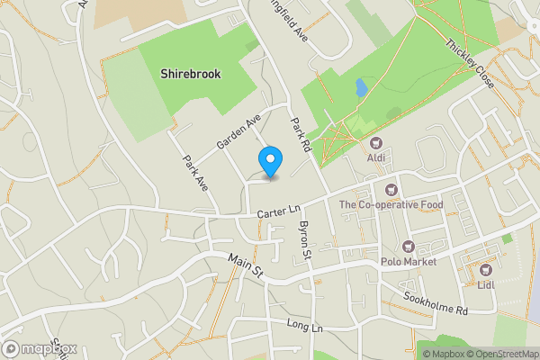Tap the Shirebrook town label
pos(190,73)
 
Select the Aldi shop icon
pos(376,143)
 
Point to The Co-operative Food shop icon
pos(391,190)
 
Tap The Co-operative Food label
pos(391,205)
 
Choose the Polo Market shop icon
pos(408,247)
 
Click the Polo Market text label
pos(408,262)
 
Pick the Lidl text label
pos(487,284)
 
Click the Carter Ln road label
pos(277,212)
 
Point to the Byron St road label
pos(304,240)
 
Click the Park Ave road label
pos(195,173)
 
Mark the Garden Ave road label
pos(238,132)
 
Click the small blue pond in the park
pos(361,88)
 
